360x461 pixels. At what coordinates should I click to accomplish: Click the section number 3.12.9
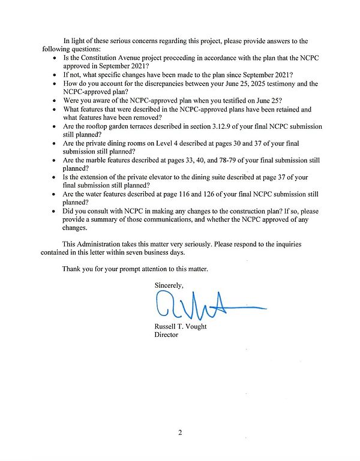254,126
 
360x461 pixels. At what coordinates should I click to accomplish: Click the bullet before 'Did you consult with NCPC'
55,212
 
